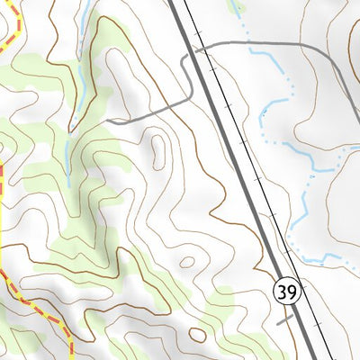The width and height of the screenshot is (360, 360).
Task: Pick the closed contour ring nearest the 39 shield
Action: (187, 263)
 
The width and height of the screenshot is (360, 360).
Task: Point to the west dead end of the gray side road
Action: (106, 121)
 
